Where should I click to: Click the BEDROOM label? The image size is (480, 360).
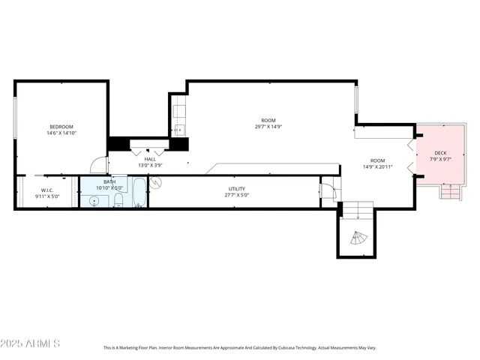61,127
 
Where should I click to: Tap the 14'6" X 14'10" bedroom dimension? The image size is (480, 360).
61,133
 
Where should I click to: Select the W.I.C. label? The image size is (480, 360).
46,190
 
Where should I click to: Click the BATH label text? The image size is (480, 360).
109,181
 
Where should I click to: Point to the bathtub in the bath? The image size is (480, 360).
139,193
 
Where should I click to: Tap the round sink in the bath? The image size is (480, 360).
95,200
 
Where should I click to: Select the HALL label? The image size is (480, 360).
150,159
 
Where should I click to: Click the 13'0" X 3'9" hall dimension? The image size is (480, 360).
150,166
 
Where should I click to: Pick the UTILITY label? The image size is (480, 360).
237,189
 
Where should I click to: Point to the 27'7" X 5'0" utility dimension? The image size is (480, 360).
237,196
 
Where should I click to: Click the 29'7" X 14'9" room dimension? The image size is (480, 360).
268,127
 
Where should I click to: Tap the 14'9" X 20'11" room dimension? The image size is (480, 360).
377,166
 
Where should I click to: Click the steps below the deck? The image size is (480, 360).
451,192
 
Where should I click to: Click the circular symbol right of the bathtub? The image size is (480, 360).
156,182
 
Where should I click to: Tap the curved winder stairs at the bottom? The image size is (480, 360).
358,240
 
